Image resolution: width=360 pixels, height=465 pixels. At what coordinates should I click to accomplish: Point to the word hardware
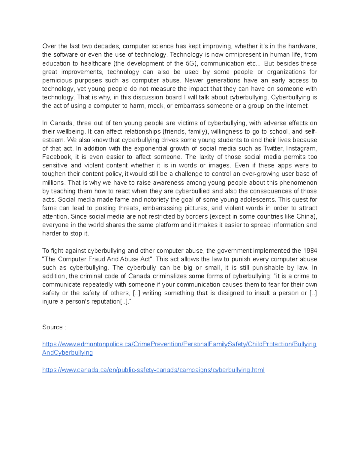pyautogui.click(x=302, y=46)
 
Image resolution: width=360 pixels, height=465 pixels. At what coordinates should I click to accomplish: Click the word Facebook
pyautogui.click(x=57, y=157)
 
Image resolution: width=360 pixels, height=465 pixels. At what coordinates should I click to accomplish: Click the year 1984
pyautogui.click(x=310, y=251)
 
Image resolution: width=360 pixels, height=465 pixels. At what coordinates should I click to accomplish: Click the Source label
pyautogui.click(x=52, y=327)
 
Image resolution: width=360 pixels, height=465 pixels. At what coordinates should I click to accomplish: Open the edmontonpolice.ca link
pyautogui.click(x=179, y=344)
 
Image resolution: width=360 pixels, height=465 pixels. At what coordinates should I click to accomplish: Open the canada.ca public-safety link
pyautogui.click(x=153, y=370)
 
